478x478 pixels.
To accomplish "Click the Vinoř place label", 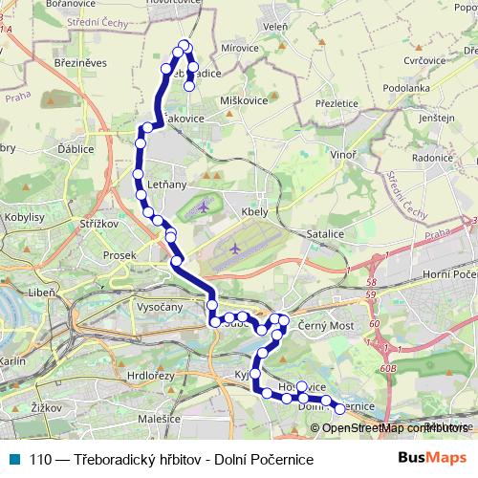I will pos(341,153).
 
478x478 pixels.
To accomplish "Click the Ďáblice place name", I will pos(74,149).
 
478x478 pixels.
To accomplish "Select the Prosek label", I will pos(119,256).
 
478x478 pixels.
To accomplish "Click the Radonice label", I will pos(432,158).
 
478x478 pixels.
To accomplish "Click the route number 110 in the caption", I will pos(41,460).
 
